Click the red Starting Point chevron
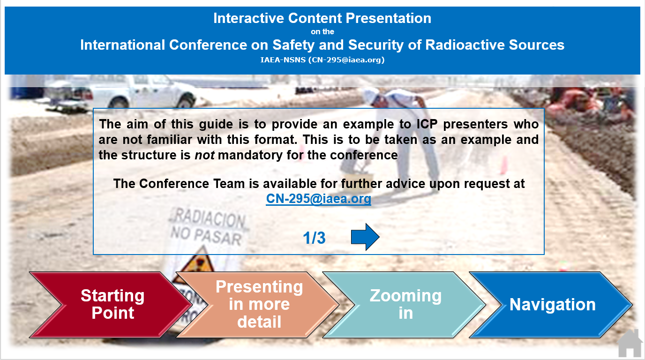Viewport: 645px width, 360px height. [x=111, y=304]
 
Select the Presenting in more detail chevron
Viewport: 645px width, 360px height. [x=258, y=304]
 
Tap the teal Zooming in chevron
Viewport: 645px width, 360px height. [x=405, y=304]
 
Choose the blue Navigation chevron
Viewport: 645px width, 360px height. [x=551, y=304]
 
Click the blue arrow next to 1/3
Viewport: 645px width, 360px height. [x=365, y=237]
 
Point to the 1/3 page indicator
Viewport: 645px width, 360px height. [x=314, y=238]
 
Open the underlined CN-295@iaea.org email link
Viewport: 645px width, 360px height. [x=318, y=198]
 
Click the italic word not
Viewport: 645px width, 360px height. [x=204, y=155]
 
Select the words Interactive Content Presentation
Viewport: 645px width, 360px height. [x=322, y=18]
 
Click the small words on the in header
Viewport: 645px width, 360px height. [x=322, y=32]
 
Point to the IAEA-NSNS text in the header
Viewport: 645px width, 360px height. [x=283, y=60]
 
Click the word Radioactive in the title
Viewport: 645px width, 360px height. [x=465, y=45]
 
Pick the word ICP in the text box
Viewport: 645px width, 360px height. [x=427, y=124]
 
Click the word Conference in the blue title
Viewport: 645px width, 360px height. [x=208, y=45]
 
